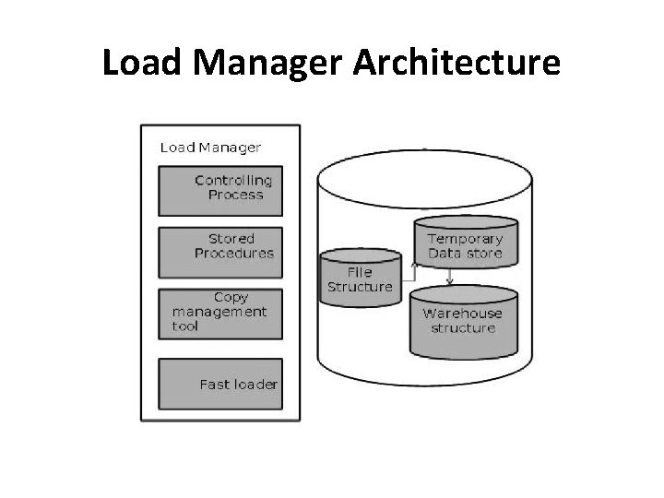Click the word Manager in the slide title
258,63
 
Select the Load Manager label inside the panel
210,147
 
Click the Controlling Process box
220,190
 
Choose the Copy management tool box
220,314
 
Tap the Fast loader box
220,384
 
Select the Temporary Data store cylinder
465,242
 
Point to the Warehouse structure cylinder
463,320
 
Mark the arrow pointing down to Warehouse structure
449,278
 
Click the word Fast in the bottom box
214,384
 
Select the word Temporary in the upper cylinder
465,238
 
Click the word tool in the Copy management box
184,326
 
